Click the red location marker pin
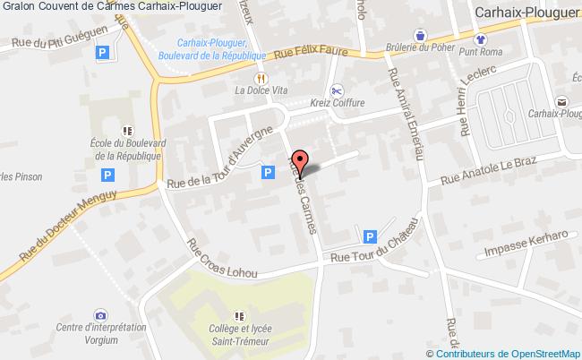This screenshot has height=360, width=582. click(x=301, y=161)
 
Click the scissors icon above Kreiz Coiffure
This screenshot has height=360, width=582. click(x=337, y=90)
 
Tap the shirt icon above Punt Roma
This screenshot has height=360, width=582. click(x=480, y=39)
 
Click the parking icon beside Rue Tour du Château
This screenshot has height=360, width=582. click(x=369, y=236)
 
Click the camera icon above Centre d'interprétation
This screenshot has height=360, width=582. click(x=100, y=315)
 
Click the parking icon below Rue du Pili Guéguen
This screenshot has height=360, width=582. click(x=101, y=55)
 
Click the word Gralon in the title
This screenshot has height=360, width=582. click(x=18, y=7)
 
